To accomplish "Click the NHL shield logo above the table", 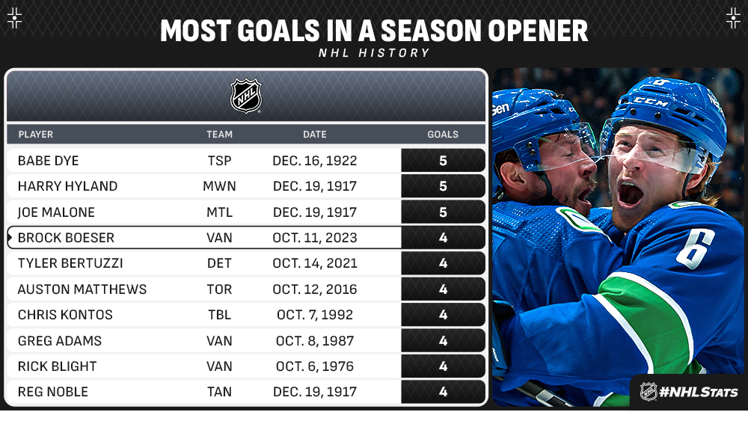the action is tap(246, 96).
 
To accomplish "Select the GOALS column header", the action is tap(443, 135).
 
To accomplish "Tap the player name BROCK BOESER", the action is tap(66, 238).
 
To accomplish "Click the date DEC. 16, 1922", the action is tap(314, 161).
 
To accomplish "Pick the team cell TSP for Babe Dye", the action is tap(219, 161).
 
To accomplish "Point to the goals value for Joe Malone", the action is tap(443, 212).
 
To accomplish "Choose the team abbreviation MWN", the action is tap(219, 186).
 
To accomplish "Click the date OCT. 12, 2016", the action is tap(315, 289).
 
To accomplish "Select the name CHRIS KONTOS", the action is tap(65, 315).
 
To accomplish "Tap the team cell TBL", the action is tap(219, 315).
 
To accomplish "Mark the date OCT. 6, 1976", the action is tap(315, 366).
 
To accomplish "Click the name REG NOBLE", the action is tap(53, 391).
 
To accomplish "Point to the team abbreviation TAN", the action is tap(219, 391).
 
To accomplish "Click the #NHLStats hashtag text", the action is tap(699, 392).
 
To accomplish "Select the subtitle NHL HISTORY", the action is tap(375, 53).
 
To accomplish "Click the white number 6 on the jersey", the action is tap(695, 248).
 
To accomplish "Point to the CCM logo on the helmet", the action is tap(650, 102).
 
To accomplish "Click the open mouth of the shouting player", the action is tap(630, 194).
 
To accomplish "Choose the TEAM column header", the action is tap(219, 135).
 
